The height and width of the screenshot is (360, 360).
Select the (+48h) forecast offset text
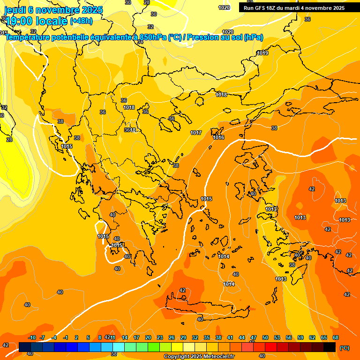point(81,21)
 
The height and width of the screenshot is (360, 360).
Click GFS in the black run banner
point(259,8)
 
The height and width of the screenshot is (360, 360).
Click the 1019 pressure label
point(262,53)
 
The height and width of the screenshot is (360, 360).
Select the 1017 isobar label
point(196,133)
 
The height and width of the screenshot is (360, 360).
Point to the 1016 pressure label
point(218,137)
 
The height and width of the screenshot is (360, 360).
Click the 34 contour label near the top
point(140,42)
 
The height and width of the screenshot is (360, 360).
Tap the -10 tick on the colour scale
point(32,337)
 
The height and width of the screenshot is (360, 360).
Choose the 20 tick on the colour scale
point(148,337)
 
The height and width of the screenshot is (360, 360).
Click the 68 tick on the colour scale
point(336,337)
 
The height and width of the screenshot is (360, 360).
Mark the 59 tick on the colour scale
point(300,337)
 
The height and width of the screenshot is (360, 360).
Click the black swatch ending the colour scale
point(330,347)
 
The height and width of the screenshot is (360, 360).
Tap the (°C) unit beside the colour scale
point(345,347)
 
